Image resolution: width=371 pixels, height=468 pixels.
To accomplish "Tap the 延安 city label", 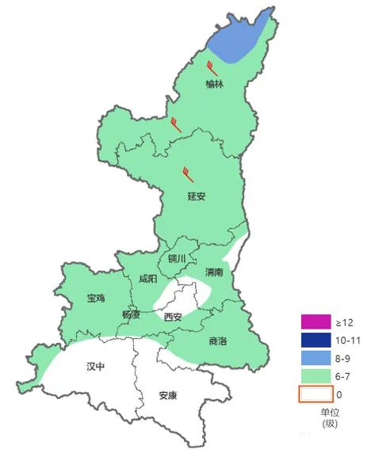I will tap(197, 196).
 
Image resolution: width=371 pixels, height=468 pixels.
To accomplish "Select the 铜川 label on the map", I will tap(177, 259).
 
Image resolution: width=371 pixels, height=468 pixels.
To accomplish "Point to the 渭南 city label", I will tap(214, 272).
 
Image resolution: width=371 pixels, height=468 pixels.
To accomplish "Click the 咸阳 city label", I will tap(147, 279).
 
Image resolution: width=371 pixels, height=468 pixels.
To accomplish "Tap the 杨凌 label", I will tap(131, 314).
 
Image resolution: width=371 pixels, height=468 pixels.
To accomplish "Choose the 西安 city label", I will tap(173, 317).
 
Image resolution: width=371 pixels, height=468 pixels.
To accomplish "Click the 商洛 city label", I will tap(217, 341).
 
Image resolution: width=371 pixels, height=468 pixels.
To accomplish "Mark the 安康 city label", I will tap(168, 394).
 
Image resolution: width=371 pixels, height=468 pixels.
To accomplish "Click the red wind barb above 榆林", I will tap(211, 66).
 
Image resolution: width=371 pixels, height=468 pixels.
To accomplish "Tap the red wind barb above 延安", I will tap(188, 172).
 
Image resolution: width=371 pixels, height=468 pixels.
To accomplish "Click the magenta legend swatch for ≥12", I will tap(313, 322).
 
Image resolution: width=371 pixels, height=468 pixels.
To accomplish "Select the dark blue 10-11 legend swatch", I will tap(313, 340).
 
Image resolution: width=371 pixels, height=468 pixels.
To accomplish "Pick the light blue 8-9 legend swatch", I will tap(313, 358).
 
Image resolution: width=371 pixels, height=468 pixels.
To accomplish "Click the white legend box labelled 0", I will tap(313, 394).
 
